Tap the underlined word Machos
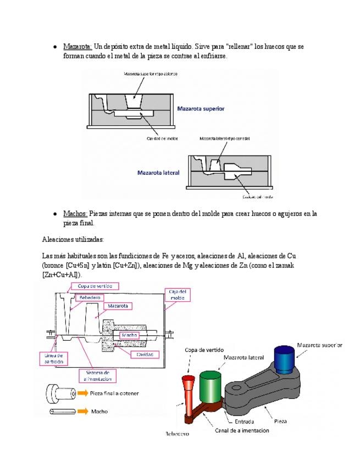(75, 214)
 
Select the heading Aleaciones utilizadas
(73, 239)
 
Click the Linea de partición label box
(54, 358)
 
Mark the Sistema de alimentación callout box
(100, 376)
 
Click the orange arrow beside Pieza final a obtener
(82, 393)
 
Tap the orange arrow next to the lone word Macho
(82, 411)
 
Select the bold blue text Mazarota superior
(201, 109)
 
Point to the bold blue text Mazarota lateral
(158, 173)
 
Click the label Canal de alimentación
(241, 430)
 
